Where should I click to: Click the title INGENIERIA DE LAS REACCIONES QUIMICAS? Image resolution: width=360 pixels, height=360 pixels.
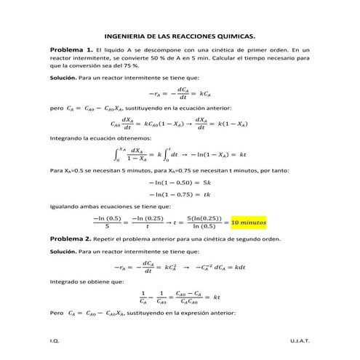[180, 34]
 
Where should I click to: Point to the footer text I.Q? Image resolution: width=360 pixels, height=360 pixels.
[54, 340]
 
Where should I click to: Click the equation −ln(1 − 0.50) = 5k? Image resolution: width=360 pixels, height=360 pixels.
[180, 183]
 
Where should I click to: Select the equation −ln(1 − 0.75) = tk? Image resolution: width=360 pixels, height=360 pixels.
[180, 195]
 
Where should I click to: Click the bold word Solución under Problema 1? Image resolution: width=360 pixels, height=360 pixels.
[63, 76]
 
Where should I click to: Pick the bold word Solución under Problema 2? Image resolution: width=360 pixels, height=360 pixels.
[63, 251]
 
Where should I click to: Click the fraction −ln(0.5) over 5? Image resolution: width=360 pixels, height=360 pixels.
[107, 220]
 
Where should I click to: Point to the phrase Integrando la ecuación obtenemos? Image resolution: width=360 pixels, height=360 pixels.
[90, 137]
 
